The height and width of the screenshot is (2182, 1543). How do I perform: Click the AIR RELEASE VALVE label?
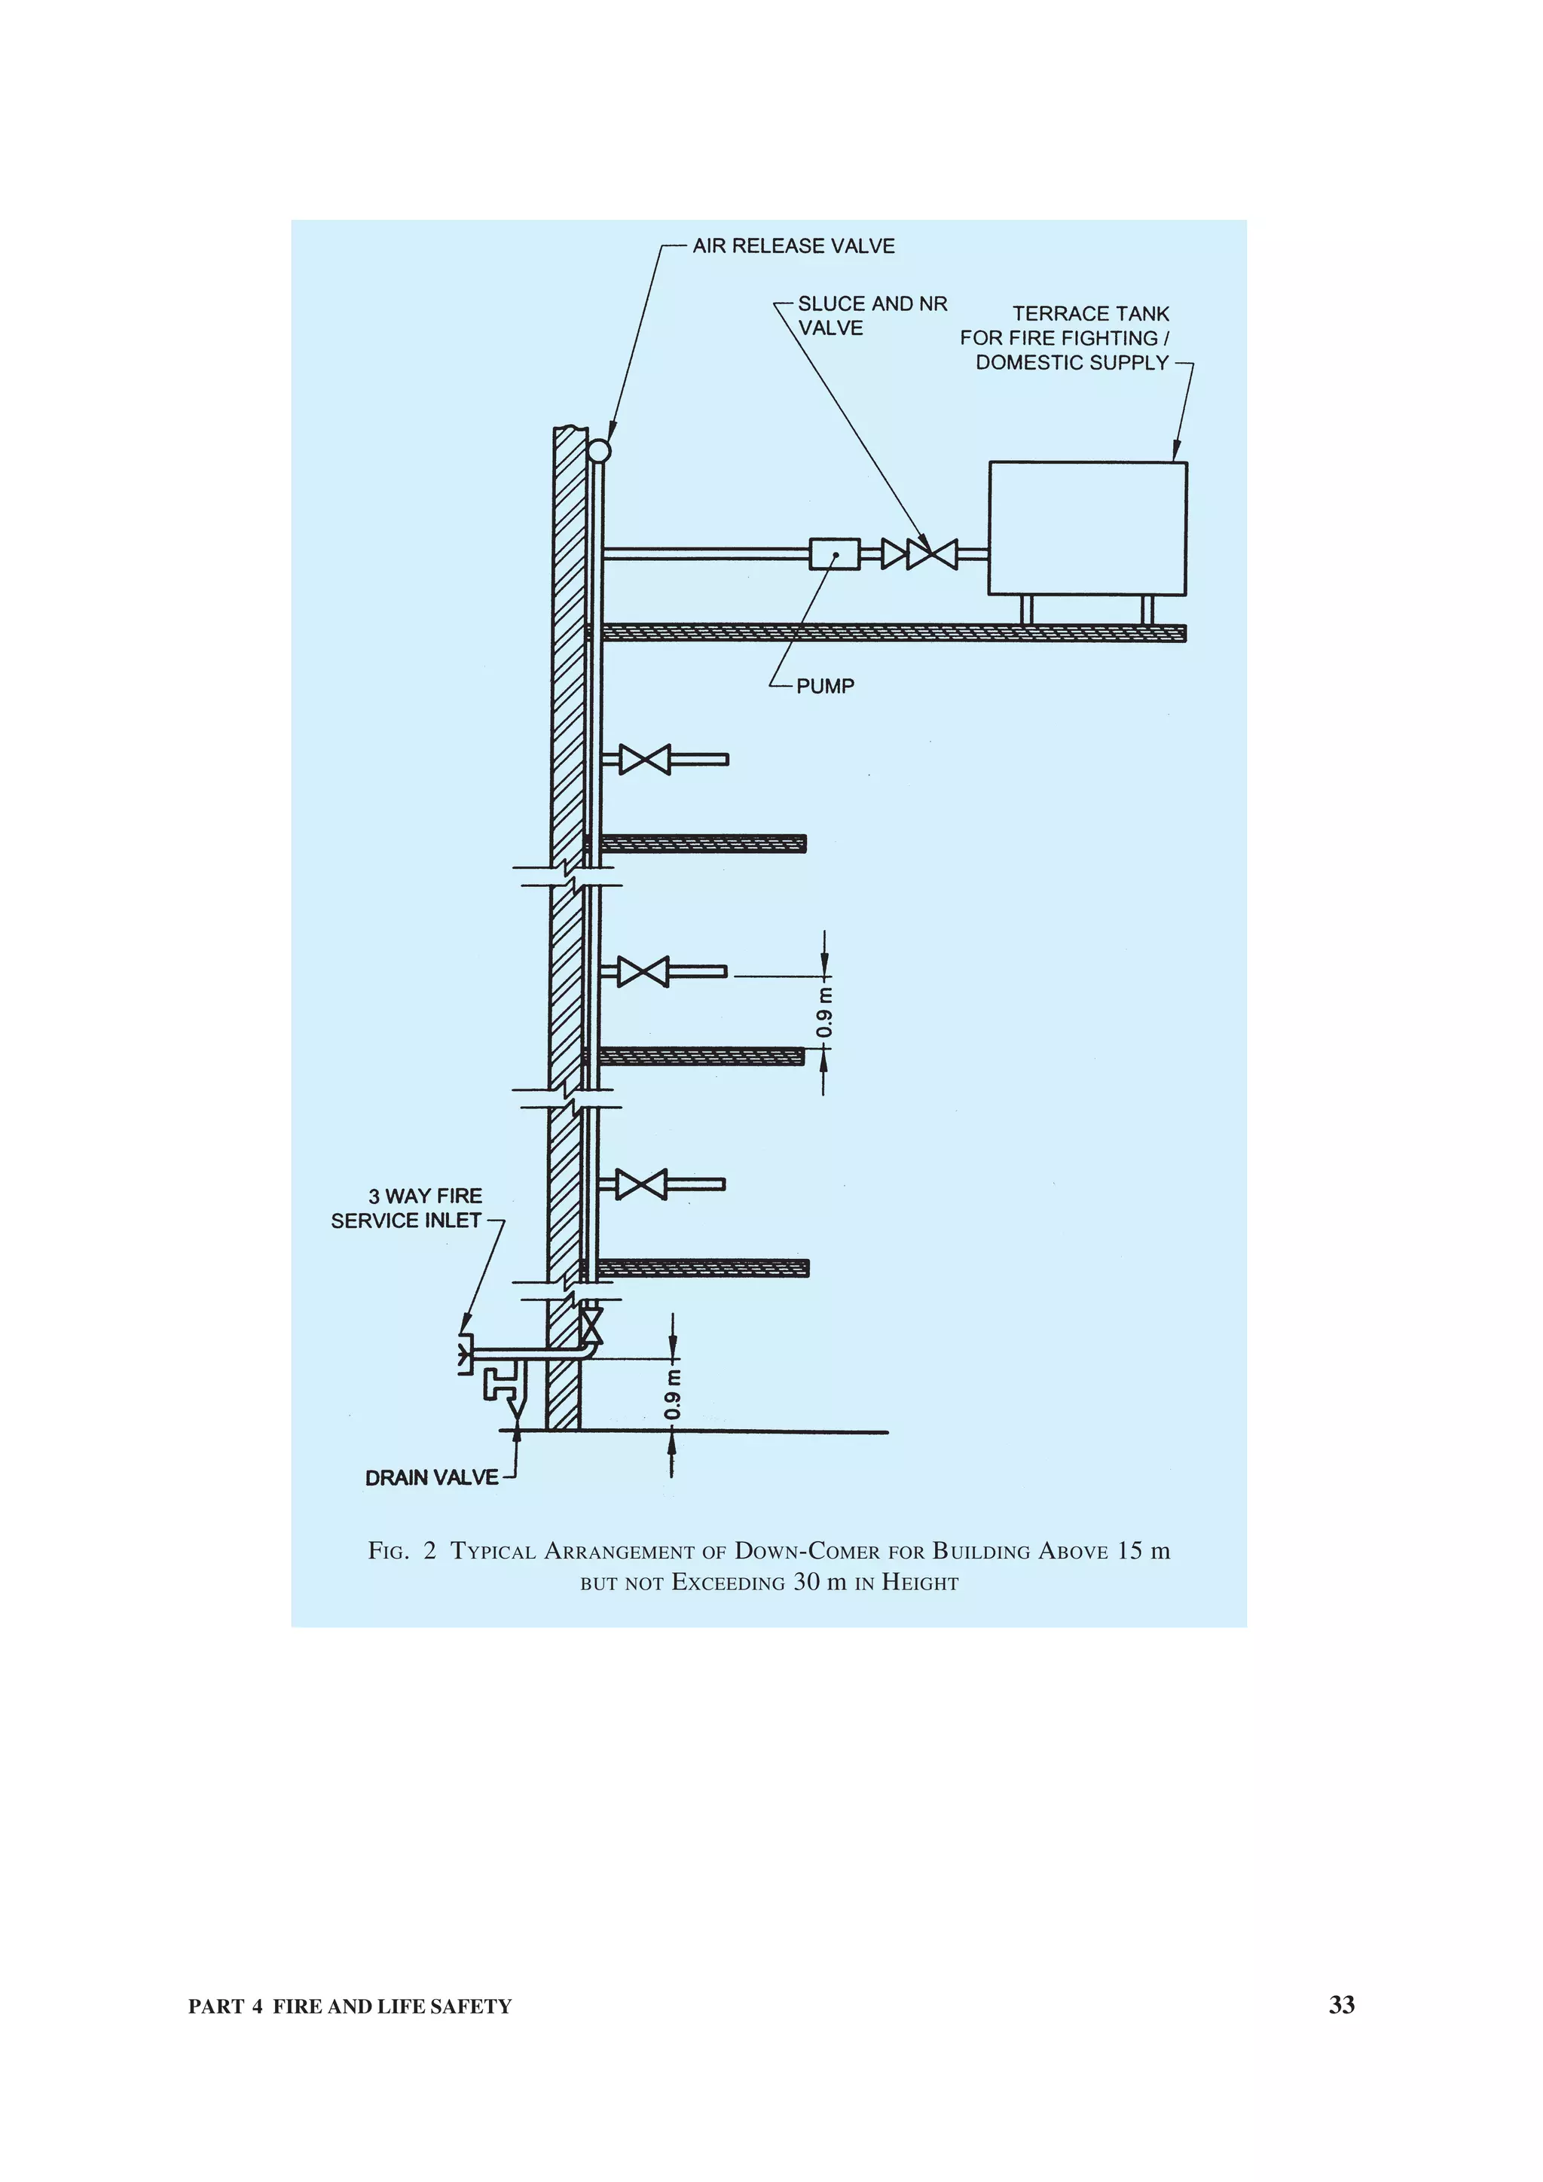(793, 246)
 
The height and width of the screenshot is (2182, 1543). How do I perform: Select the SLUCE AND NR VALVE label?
(871, 315)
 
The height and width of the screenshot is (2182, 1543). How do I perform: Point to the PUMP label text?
(824, 686)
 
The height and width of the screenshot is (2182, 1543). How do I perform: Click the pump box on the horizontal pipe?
(834, 554)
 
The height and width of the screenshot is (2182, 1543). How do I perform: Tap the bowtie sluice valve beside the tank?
(932, 554)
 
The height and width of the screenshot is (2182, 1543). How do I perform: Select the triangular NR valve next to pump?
(894, 554)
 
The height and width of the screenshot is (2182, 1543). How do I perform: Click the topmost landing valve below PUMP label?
(645, 759)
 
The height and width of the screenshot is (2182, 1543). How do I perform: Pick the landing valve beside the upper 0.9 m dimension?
(643, 971)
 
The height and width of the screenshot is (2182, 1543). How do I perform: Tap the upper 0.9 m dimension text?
(825, 1013)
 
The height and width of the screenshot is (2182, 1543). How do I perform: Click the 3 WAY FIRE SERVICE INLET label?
(407, 1208)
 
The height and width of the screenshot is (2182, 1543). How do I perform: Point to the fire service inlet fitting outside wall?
(466, 1353)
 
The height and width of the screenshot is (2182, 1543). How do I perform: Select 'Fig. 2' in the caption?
(402, 1551)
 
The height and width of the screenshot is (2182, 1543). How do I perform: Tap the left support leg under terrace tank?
(1026, 609)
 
